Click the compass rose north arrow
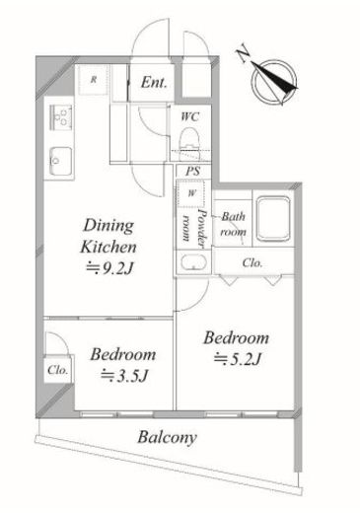click(275, 82)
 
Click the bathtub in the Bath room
click(273, 219)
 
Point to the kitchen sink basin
click(60, 161)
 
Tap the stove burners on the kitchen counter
click(61, 117)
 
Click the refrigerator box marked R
click(94, 80)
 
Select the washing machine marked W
click(191, 193)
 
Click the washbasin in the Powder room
click(193, 262)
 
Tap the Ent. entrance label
click(154, 82)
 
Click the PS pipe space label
click(193, 172)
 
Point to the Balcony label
click(168, 438)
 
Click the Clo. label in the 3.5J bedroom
click(57, 370)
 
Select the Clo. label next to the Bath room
click(252, 262)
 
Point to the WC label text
click(190, 116)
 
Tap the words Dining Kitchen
click(108, 236)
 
